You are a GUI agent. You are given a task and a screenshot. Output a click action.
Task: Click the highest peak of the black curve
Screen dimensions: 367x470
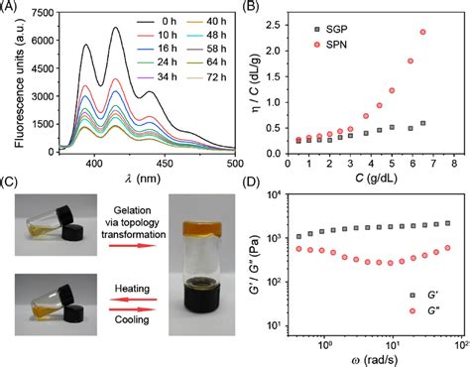pyautogui.click(x=116, y=29)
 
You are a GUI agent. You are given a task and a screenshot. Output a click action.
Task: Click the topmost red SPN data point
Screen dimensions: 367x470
pyautogui.click(x=423, y=32)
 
